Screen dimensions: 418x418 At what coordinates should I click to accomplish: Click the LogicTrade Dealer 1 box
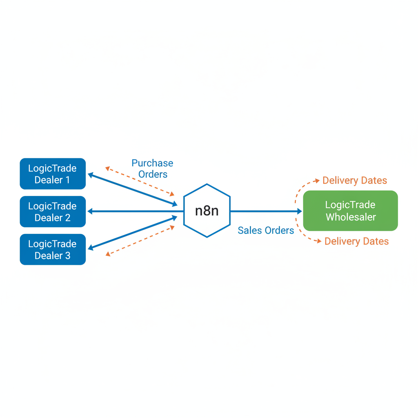point(53,174)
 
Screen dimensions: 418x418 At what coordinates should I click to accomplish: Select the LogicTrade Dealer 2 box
point(53,211)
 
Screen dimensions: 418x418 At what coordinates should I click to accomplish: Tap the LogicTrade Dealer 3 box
point(53,249)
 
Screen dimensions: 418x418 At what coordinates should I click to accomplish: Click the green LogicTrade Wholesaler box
point(350,211)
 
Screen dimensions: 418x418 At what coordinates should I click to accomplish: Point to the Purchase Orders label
point(152,169)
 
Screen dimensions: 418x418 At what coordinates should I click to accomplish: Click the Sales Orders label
point(266,231)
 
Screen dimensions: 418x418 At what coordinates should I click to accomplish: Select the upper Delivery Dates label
point(354,180)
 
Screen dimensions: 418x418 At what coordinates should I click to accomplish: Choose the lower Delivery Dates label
point(356,242)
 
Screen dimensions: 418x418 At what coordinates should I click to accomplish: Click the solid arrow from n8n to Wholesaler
point(265,211)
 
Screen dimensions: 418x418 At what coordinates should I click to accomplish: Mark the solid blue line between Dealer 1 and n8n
point(133,189)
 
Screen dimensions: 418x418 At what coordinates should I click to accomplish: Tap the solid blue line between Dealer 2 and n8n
point(135,211)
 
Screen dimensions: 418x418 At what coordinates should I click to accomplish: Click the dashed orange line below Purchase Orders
point(140,181)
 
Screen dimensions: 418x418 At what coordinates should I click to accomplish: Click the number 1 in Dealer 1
point(67,180)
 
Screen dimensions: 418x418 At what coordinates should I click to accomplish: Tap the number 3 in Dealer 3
point(67,256)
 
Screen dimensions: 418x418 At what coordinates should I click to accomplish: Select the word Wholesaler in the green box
point(350,217)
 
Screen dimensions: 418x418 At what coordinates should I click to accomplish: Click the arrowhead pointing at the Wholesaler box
point(299,211)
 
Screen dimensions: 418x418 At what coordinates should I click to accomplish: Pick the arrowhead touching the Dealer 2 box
point(90,211)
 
